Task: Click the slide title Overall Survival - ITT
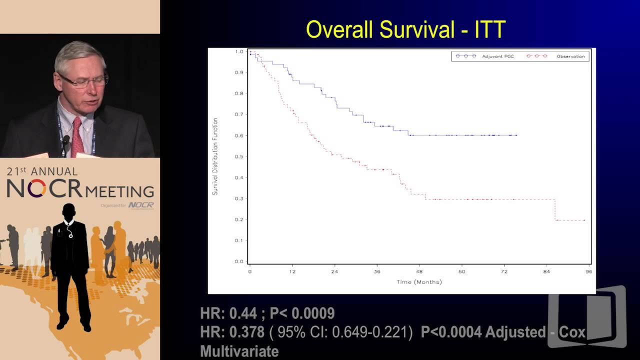pyautogui.click(x=405, y=30)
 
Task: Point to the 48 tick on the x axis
pyautogui.click(x=419, y=271)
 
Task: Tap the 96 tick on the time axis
pyautogui.click(x=588, y=271)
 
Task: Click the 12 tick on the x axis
pyautogui.click(x=292, y=271)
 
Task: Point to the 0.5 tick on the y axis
pyautogui.click(x=239, y=156)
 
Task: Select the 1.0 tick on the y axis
pyautogui.click(x=239, y=51)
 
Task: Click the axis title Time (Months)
pyautogui.click(x=419, y=282)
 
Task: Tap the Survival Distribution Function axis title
pyautogui.click(x=215, y=156)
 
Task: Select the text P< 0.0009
pyautogui.click(x=302, y=313)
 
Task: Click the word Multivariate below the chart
pyautogui.click(x=239, y=351)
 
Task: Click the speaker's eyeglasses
pyautogui.click(x=84, y=80)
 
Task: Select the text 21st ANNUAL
pyautogui.click(x=42, y=171)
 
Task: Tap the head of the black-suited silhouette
pyautogui.click(x=68, y=212)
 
